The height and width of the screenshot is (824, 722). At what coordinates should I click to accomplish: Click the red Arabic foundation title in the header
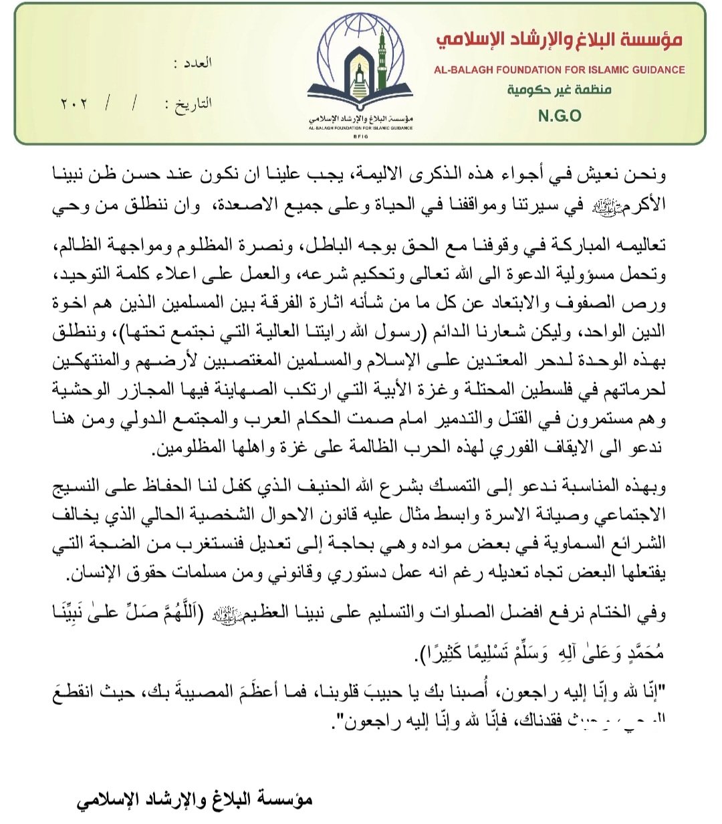click(559, 39)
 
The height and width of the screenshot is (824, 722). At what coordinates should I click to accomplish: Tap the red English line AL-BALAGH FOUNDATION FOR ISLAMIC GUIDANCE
click(559, 69)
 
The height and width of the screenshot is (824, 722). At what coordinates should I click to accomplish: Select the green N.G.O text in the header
click(560, 116)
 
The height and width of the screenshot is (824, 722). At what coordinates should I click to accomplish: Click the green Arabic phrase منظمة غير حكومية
click(560, 90)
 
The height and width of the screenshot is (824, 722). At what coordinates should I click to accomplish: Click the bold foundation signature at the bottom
click(195, 799)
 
